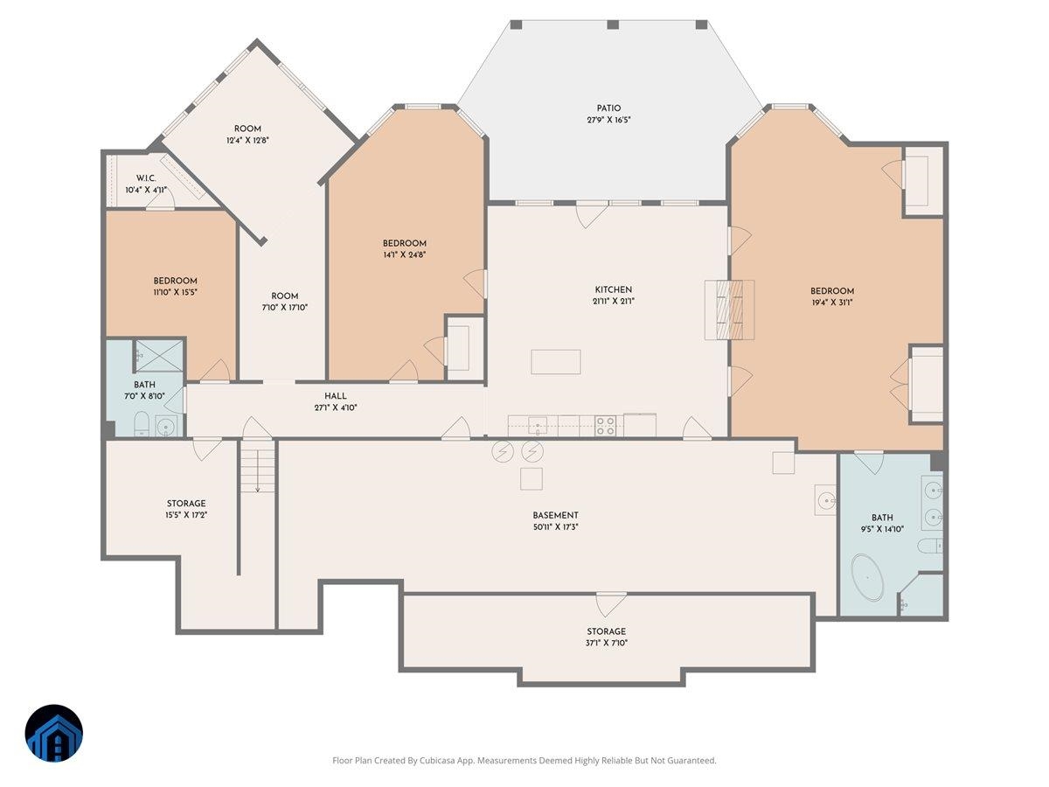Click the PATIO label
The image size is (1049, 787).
click(x=608, y=108)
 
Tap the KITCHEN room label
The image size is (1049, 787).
click(x=613, y=289)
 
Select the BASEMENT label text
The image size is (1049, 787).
click(x=555, y=515)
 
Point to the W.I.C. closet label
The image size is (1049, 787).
click(x=146, y=178)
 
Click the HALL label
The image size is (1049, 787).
click(x=336, y=395)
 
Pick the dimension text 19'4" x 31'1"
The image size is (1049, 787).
click(x=832, y=302)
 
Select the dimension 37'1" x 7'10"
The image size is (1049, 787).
click(x=606, y=643)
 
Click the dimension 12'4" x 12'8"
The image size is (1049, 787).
click(x=247, y=140)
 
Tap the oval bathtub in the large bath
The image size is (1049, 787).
click(x=867, y=578)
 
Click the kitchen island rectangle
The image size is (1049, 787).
click(x=556, y=362)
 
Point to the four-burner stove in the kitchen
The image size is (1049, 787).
click(x=606, y=426)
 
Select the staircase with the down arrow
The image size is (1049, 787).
click(x=258, y=466)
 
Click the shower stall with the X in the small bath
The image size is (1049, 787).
click(x=159, y=356)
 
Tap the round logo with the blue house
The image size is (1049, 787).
click(x=53, y=734)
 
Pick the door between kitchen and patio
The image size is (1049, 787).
click(x=592, y=214)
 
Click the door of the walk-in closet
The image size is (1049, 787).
click(x=160, y=202)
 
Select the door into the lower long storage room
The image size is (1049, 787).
click(x=611, y=604)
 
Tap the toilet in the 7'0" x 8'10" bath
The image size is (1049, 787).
click(x=142, y=424)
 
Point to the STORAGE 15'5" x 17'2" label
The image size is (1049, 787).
click(x=186, y=509)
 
